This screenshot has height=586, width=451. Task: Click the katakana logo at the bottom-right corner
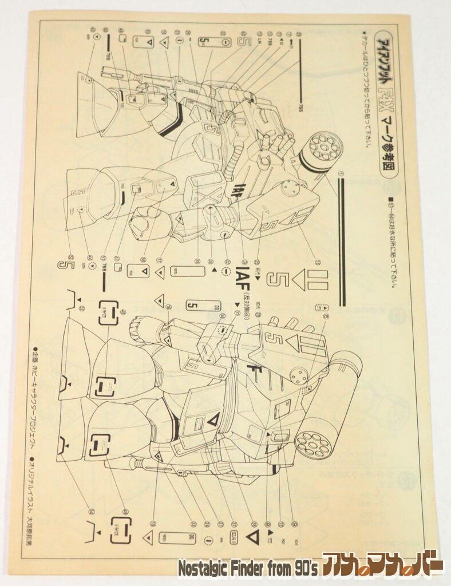[382, 567]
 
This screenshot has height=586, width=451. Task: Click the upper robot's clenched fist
[141, 220]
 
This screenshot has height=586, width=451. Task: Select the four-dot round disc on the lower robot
[299, 375]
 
